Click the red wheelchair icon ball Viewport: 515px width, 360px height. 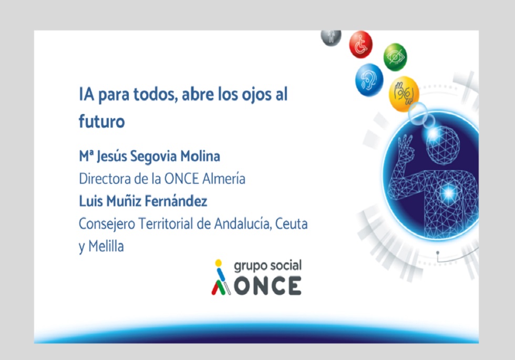360,45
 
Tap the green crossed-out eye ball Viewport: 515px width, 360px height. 395,57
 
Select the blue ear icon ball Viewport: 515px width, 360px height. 369,80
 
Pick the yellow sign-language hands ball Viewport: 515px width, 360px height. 404,94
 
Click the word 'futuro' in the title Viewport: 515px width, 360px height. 102,121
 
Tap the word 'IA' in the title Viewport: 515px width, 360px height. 86,94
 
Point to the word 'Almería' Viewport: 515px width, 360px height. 224,179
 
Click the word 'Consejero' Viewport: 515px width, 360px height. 107,224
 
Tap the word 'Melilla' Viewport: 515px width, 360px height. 106,246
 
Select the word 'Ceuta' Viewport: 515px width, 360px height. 291,224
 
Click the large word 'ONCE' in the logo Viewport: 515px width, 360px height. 267,285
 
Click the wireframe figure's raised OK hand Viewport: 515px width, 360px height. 405,149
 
